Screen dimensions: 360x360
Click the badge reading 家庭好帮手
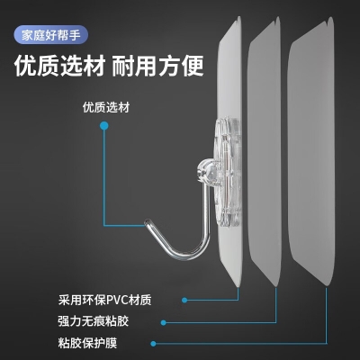click(50, 35)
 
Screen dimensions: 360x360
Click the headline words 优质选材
click(59, 66)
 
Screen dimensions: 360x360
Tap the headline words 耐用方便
click(158, 66)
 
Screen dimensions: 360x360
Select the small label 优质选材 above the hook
click(106, 107)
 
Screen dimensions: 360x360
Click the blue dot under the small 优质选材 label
click(104, 126)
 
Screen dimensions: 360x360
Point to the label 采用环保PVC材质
click(105, 300)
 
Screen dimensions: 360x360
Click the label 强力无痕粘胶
click(94, 321)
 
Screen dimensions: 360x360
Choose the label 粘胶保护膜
click(87, 343)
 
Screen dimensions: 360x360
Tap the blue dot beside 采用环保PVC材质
click(184, 300)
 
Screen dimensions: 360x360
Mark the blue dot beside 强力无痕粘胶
click(163, 323)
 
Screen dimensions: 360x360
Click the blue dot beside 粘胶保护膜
click(153, 344)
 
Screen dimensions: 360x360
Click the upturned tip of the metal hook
click(148, 222)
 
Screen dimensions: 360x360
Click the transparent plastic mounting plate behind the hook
click(228, 172)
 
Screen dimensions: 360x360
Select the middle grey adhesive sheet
click(264, 151)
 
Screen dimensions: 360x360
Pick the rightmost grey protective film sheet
click(310, 151)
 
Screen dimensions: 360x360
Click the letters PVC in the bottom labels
click(117, 300)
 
